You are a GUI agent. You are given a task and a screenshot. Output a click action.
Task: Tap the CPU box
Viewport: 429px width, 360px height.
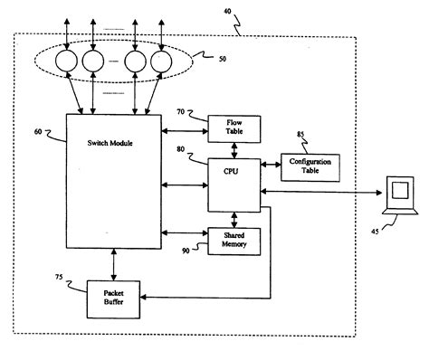[234, 185]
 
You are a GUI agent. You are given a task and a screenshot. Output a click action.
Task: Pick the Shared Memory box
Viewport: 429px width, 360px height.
[234, 239]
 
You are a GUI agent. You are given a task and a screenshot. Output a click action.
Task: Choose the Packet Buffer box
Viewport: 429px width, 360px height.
[113, 298]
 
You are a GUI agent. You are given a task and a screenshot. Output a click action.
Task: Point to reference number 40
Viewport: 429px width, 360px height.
[229, 13]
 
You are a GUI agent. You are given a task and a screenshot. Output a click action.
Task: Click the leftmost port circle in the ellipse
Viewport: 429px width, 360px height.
[67, 62]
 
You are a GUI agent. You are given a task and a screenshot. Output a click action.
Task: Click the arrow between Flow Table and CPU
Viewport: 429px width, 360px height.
[234, 152]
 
